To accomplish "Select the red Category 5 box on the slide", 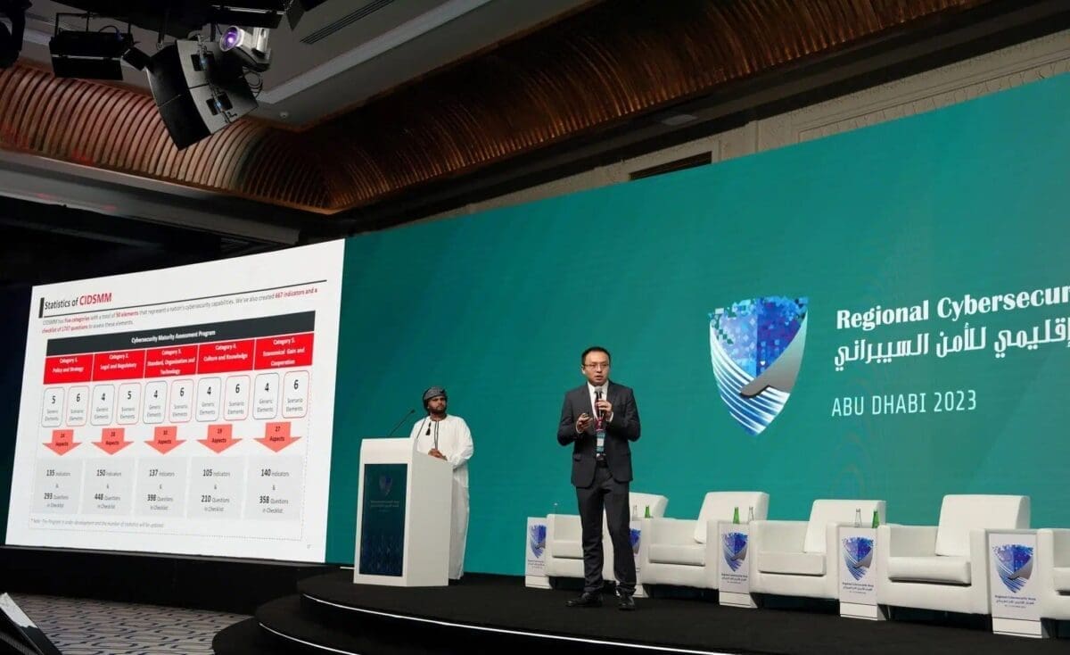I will (282, 351).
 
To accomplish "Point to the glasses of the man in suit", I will (596, 364).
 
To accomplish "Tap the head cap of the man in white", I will (434, 393).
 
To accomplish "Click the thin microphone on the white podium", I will (400, 422).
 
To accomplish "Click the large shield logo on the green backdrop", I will (758, 362).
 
